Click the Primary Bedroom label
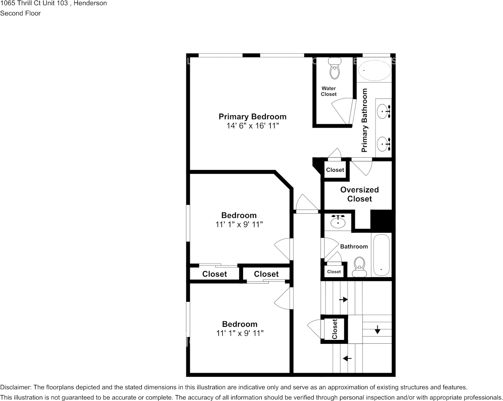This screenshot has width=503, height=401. (x=252, y=117)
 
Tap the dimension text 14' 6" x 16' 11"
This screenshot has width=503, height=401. (x=252, y=126)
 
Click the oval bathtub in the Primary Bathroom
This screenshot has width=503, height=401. (x=374, y=70)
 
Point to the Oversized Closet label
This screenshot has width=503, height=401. (x=359, y=194)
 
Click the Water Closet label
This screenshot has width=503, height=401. (x=329, y=91)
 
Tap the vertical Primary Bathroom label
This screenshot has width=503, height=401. (x=365, y=120)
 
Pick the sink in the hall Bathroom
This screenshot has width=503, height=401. (x=338, y=221)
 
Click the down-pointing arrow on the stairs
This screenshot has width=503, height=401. (x=377, y=329)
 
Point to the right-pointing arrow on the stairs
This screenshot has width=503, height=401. (x=343, y=299)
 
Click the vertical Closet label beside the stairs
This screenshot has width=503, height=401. (x=334, y=329)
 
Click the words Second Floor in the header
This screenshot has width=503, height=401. (x=20, y=13)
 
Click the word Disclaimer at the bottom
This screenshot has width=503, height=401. (x=15, y=387)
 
